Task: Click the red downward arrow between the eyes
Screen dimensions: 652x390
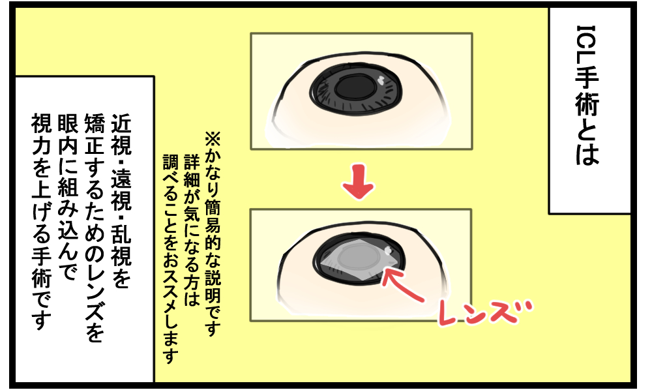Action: point(358,182)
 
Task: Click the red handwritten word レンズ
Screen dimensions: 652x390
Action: point(485,312)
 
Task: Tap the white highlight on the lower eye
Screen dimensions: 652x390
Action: point(389,250)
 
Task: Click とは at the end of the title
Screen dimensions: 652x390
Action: point(587,142)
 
